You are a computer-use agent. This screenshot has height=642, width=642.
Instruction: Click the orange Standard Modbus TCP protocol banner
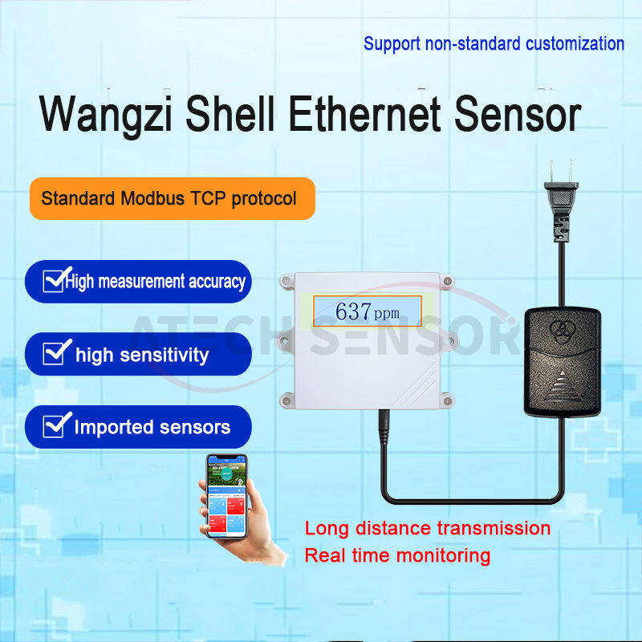[169, 198]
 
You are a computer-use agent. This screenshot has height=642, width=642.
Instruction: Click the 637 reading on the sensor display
[353, 311]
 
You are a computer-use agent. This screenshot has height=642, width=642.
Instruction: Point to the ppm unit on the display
[386, 314]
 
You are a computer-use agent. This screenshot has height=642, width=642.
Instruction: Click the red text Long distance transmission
[428, 529]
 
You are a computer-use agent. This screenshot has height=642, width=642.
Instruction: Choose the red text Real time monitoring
[397, 555]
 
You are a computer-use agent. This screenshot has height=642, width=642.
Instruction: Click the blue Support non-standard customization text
[494, 43]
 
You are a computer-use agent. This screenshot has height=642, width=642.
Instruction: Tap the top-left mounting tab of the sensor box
[286, 281]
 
